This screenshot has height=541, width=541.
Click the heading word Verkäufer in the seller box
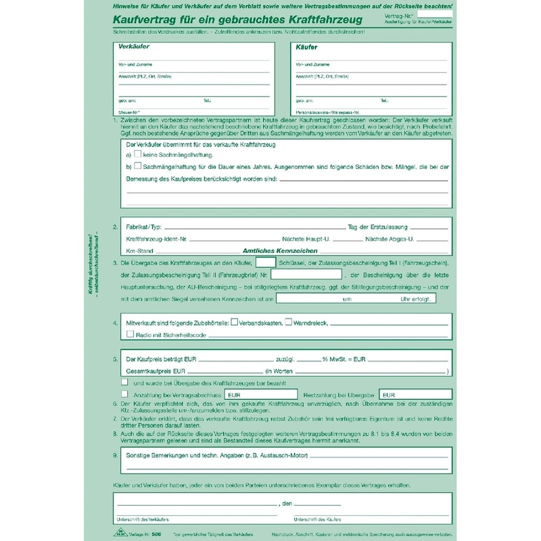point(134,47)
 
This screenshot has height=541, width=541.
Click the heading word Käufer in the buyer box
point(308,47)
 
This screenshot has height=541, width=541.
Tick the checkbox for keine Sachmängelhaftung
point(138,154)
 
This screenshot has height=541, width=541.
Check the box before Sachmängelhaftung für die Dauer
point(138,165)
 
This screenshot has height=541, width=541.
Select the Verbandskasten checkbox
point(235,323)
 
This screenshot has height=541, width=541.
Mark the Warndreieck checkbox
point(288,323)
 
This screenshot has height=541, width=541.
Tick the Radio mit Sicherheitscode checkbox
point(131,334)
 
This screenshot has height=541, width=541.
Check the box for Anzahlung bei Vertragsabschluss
point(124,394)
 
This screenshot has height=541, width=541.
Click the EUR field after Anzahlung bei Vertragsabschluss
point(260,394)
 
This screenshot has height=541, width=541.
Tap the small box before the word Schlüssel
point(266,262)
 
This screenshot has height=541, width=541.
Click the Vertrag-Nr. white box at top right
point(435,13)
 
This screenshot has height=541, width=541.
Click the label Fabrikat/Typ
point(144,227)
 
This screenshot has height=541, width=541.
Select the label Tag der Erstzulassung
point(374,227)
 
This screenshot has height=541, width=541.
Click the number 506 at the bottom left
point(157,534)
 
